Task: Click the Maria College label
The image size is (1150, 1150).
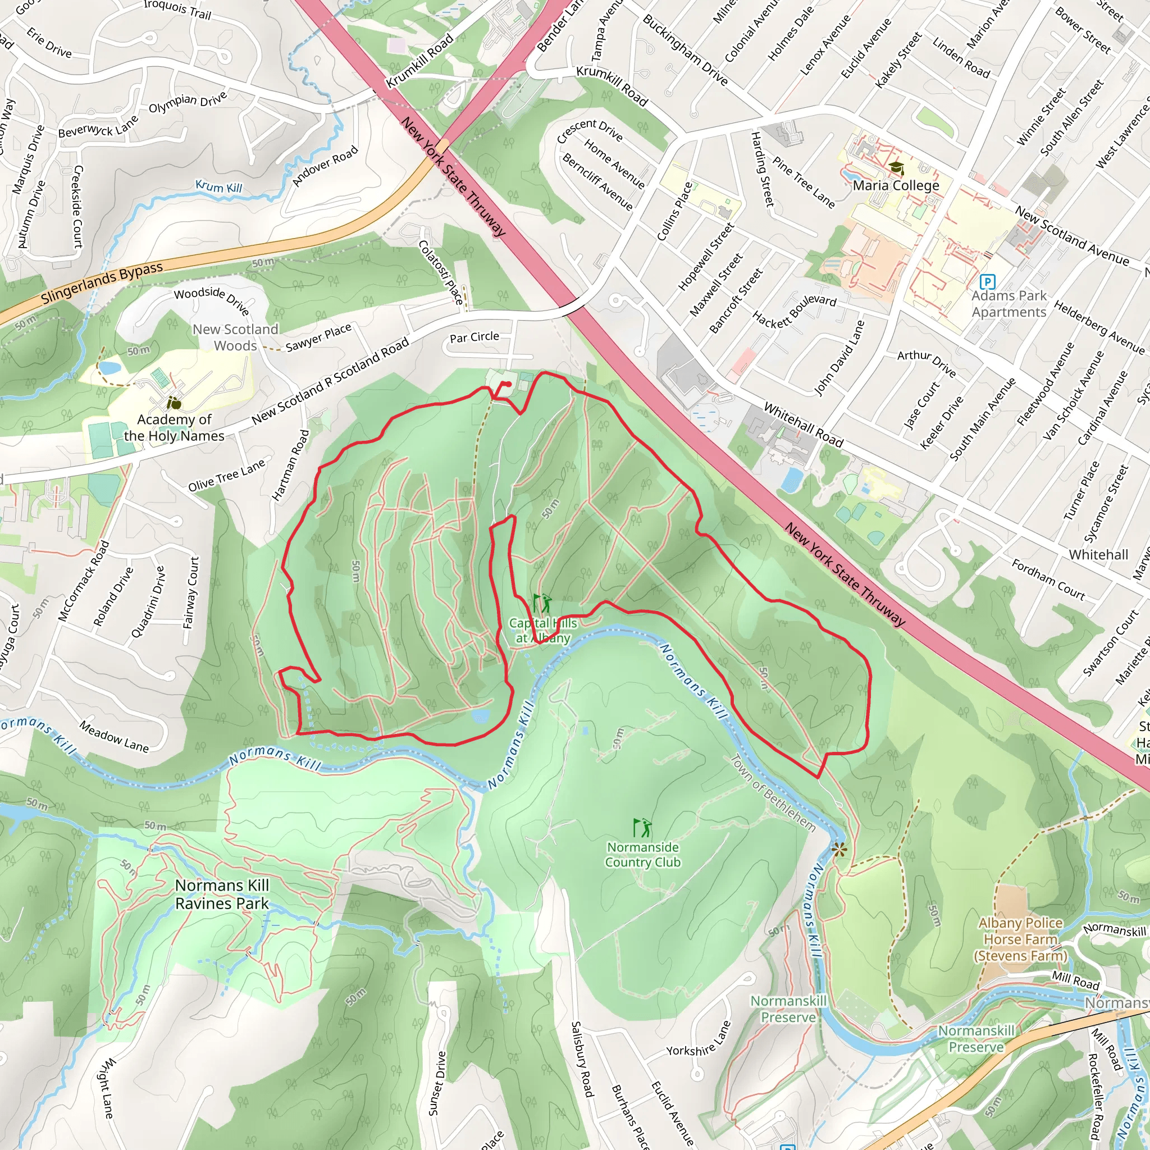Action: pyautogui.click(x=896, y=185)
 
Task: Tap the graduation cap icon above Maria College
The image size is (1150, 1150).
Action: pyautogui.click(x=896, y=168)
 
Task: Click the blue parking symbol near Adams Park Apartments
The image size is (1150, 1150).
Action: pyautogui.click(x=988, y=281)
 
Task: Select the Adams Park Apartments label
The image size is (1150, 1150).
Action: pyautogui.click(x=1009, y=304)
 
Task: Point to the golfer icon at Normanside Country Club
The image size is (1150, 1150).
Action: pyautogui.click(x=643, y=827)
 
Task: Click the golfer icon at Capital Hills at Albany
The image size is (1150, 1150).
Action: pyautogui.click(x=542, y=603)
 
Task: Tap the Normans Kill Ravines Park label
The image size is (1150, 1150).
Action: pyautogui.click(x=222, y=894)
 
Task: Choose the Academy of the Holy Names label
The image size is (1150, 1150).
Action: pyautogui.click(x=174, y=427)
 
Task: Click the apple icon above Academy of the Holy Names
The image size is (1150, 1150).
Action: pyautogui.click(x=174, y=404)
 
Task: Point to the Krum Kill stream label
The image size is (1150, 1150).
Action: pyautogui.click(x=218, y=187)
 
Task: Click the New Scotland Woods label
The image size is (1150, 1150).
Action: pyautogui.click(x=236, y=337)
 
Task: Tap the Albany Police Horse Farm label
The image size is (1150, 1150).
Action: pyautogui.click(x=1020, y=939)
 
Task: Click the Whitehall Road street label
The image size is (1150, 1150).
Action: pyautogui.click(x=804, y=425)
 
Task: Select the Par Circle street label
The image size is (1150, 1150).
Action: pyautogui.click(x=474, y=337)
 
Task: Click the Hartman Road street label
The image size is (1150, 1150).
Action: pyautogui.click(x=290, y=465)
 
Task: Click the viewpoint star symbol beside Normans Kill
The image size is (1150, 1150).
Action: pyautogui.click(x=839, y=849)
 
